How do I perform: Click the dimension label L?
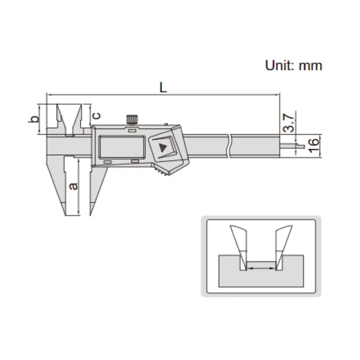tap(163, 88)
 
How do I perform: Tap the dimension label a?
tap(73, 186)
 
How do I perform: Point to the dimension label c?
tap(97, 115)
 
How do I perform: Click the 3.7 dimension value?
tap(289, 122)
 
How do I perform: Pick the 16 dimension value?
tap(314, 146)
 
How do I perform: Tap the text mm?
tap(310, 67)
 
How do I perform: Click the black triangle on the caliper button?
tap(163, 148)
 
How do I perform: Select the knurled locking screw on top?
tap(132, 119)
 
